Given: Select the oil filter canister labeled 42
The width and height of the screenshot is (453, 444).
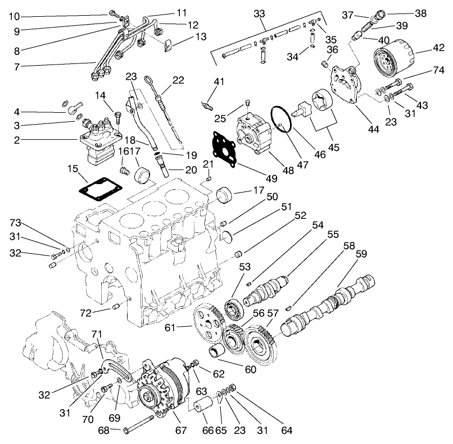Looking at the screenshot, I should (x=393, y=60).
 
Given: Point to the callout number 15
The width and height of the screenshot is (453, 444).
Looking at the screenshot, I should (x=73, y=168).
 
